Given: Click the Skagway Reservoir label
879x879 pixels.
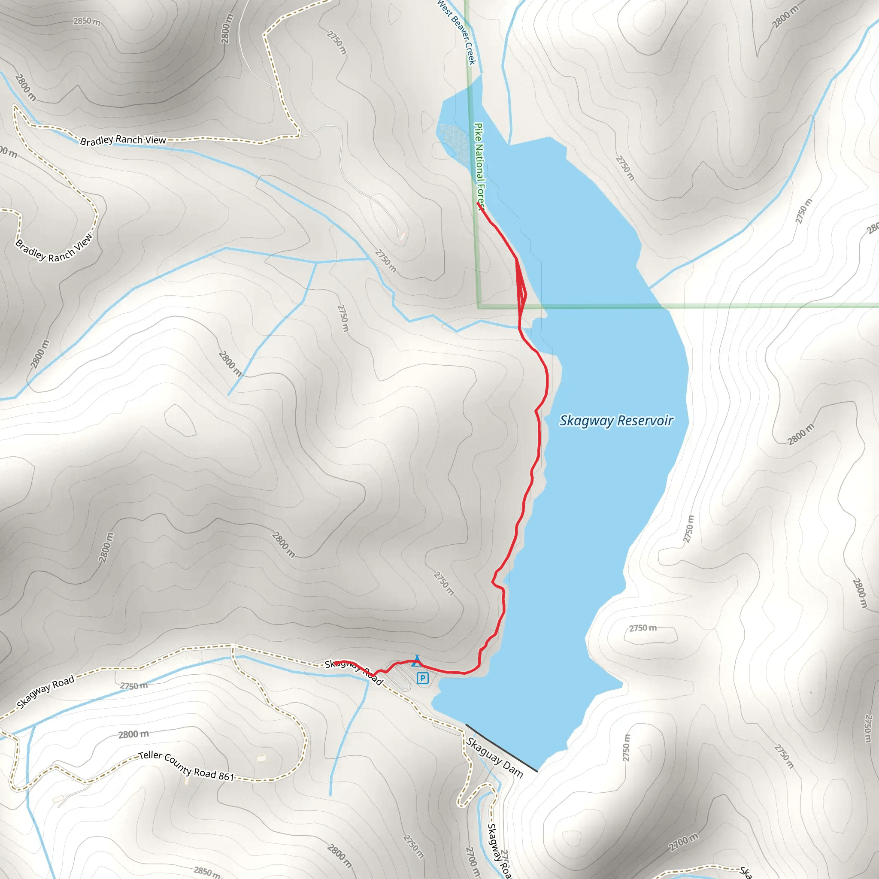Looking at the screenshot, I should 616,421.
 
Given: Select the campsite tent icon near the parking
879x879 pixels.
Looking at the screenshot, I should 416,661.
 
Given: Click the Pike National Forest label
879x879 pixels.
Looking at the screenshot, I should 479,166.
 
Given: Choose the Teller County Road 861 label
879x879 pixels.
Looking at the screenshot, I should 186,766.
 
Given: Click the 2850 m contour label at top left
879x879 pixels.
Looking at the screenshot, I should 87,21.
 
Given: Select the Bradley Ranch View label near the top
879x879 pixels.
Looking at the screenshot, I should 123,140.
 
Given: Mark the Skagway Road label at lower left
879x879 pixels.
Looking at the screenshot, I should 45,692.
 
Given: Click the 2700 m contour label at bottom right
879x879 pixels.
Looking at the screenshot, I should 683,843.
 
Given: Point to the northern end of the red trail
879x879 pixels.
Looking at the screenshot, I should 478,203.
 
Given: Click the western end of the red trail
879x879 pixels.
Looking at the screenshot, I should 336,662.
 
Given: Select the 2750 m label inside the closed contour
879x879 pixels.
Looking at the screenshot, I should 643,628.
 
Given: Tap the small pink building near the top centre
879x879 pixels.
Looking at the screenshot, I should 402,235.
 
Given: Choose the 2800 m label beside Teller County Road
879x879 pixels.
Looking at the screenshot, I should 133,734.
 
